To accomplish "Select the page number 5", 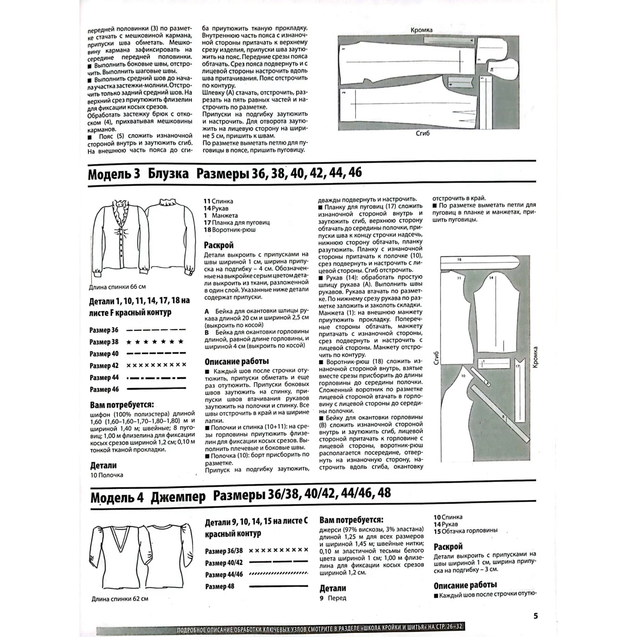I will (x=536, y=616).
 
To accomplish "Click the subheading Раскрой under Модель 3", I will (x=219, y=246).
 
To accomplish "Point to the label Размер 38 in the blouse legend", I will (x=104, y=342).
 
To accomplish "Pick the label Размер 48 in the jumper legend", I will (x=220, y=586).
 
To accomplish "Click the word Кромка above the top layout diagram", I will (x=421, y=31).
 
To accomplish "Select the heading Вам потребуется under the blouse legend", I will (x=122, y=403).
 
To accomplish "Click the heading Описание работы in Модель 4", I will (x=465, y=585).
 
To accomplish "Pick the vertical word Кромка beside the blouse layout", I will (x=535, y=358).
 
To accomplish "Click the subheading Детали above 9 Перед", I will (x=333, y=588).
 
